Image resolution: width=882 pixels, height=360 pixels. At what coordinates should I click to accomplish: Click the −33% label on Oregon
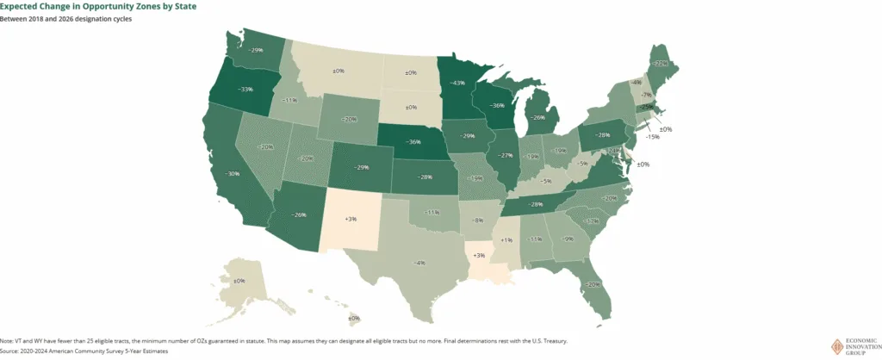click(x=245, y=90)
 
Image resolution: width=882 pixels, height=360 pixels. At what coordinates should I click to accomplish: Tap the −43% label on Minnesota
click(x=458, y=83)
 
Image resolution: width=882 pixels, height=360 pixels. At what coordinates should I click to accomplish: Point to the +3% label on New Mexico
click(x=351, y=219)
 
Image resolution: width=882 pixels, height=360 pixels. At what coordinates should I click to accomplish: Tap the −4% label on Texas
click(x=419, y=262)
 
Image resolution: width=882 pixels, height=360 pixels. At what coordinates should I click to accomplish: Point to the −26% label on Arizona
click(x=298, y=214)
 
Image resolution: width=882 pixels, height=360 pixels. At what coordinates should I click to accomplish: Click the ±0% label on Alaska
click(x=239, y=281)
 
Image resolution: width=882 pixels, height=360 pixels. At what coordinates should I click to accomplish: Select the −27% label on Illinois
click(x=506, y=156)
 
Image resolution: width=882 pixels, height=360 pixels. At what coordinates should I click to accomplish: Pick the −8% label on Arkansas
click(x=478, y=220)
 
